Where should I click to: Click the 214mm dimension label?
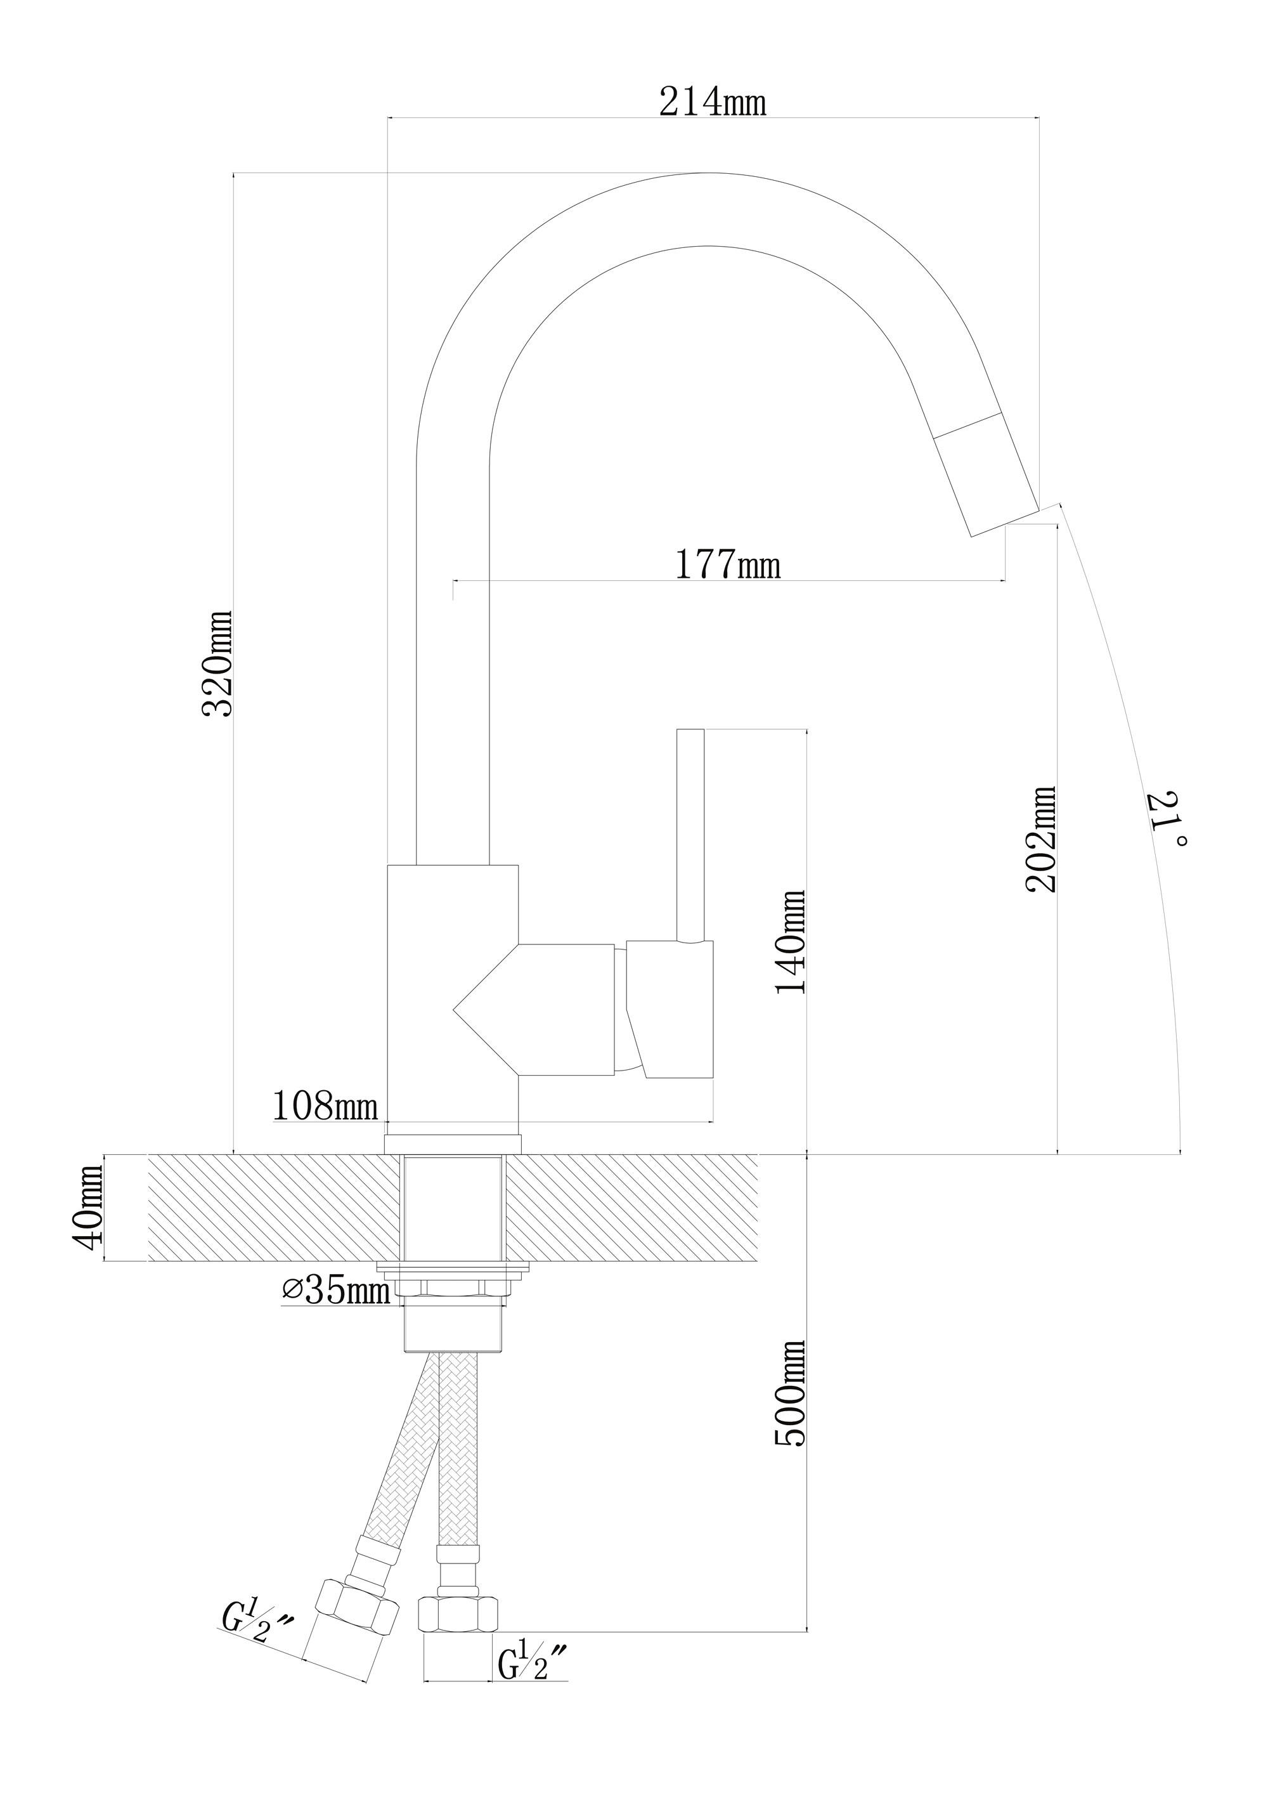[x=713, y=101]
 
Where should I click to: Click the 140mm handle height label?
[x=789, y=942]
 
